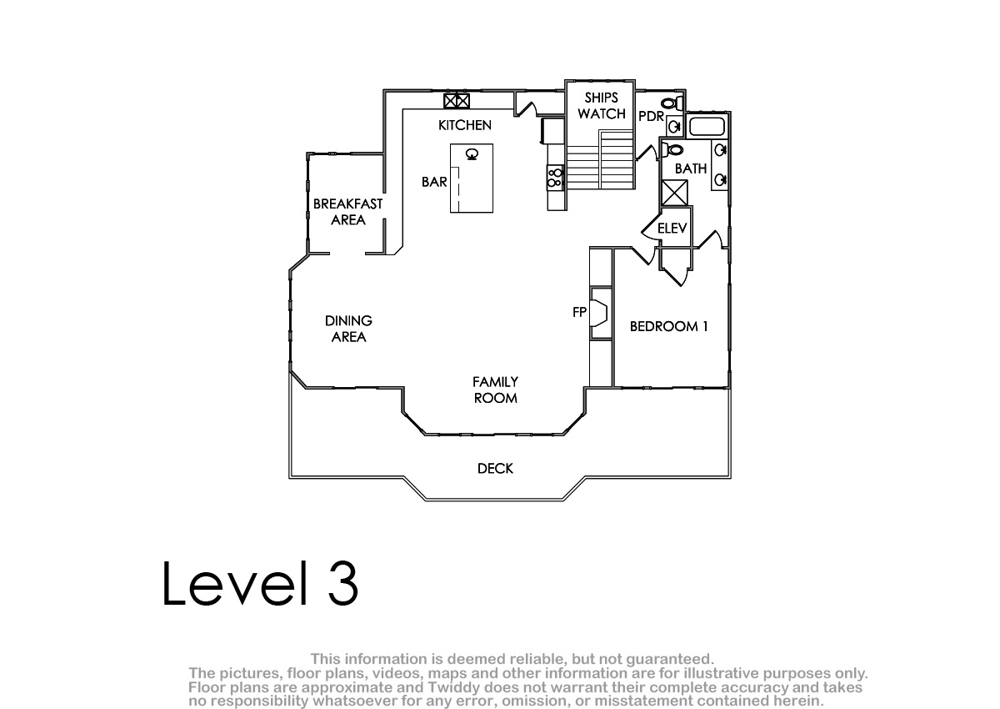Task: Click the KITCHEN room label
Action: coord(465,126)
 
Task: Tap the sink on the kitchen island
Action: coord(472,154)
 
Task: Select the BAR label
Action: coord(434,182)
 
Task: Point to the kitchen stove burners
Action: coord(555,178)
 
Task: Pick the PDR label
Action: coord(652,117)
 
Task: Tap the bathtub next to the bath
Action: coord(707,126)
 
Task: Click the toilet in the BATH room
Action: coord(672,150)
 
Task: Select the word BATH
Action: coord(691,168)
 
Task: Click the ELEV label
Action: coord(672,229)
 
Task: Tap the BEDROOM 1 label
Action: coord(668,327)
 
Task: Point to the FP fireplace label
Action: coord(579,312)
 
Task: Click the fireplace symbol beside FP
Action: coord(599,313)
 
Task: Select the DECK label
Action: coord(495,469)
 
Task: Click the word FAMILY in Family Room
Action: coord(495,382)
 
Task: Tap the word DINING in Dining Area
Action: coord(348,321)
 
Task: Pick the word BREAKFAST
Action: coord(347,204)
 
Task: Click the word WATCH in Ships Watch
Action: coord(602,114)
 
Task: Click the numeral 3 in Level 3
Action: coord(342,583)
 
